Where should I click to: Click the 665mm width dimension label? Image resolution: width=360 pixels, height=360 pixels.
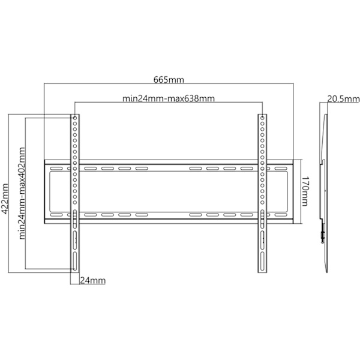tap(169, 80)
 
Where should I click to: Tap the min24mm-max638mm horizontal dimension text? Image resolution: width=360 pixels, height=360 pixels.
tap(169, 99)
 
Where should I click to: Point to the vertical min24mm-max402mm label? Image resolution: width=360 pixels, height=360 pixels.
tap(22, 193)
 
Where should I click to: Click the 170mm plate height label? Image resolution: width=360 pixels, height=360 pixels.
tap(305, 191)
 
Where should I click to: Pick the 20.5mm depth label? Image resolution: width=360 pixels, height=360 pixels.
tap(343, 99)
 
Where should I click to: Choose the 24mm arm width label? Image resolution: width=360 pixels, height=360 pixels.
tap(93, 281)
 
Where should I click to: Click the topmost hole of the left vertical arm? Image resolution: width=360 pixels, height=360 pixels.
tap(75, 118)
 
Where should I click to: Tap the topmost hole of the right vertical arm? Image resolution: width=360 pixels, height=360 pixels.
tap(262, 118)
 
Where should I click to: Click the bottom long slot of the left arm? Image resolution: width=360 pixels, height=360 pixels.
tap(75, 261)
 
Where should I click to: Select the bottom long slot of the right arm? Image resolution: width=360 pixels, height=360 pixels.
tap(262, 261)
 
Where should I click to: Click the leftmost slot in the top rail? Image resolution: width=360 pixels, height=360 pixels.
tap(56, 169)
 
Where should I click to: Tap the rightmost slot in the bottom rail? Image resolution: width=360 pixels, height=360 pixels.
tap(281, 215)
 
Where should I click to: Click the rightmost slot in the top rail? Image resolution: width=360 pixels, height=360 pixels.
tap(281, 169)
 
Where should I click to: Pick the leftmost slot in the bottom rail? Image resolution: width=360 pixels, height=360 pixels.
tap(56, 215)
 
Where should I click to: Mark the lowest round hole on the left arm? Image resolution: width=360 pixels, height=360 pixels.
tap(75, 203)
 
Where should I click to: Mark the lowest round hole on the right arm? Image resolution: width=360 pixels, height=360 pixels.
tap(262, 203)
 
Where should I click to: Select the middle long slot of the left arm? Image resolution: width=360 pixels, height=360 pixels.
tap(75, 240)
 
